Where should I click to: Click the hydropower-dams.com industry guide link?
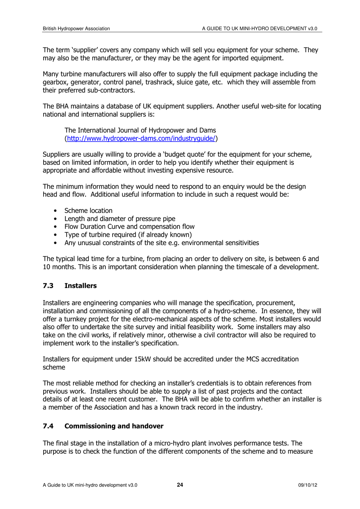pos(141,139)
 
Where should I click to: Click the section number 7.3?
pos(48,286)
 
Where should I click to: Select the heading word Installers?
pos(80,286)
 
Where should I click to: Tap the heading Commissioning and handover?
pos(114,426)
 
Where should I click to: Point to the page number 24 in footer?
pos(180,485)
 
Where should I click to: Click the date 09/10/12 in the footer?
pos(308,485)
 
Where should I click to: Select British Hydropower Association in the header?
pos(76,28)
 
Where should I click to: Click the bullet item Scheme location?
pos(88,211)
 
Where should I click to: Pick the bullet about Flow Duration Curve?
pos(129,226)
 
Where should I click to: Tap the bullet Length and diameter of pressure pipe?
pos(120,219)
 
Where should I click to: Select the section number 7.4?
pos(48,426)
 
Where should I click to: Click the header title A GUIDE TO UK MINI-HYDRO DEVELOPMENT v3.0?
pos(260,28)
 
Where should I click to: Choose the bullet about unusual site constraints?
pos(161,243)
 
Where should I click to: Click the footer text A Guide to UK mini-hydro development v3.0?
pos(90,485)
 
